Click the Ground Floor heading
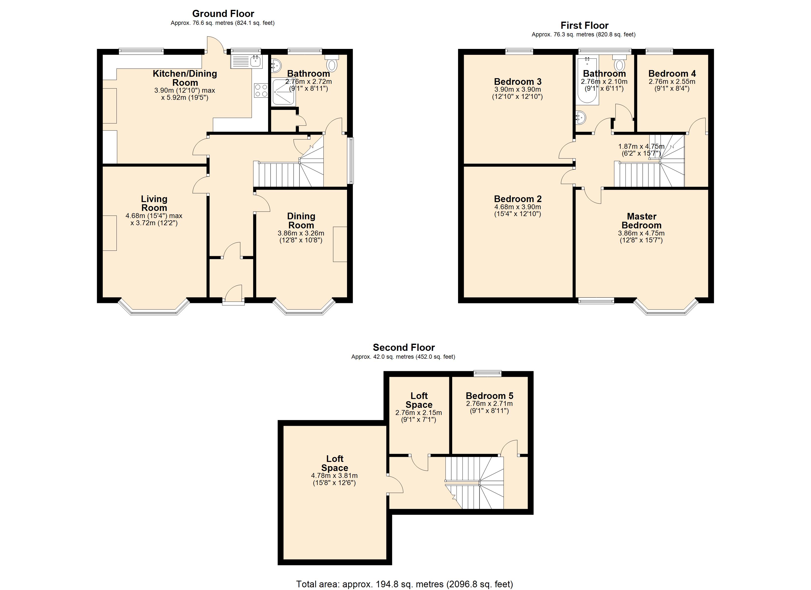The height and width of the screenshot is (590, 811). click(x=223, y=14)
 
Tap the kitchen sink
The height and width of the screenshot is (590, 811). click(x=246, y=61)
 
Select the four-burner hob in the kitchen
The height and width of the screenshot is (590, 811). click(x=261, y=90)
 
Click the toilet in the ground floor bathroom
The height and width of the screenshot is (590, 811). click(x=332, y=63)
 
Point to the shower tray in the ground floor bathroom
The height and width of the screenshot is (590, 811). click(x=284, y=93)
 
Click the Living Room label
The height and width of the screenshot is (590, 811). click(x=154, y=203)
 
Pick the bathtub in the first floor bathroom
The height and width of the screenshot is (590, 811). click(x=587, y=80)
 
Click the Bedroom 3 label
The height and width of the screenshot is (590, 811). click(x=518, y=82)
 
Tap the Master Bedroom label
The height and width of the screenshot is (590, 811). click(x=641, y=221)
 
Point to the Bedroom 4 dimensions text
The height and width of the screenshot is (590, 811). click(x=672, y=85)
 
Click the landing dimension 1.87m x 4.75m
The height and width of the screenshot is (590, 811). click(x=641, y=149)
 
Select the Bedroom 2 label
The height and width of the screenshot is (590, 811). click(x=518, y=199)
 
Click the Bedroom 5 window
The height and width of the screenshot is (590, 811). click(x=488, y=373)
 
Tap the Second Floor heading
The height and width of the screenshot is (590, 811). click(x=404, y=347)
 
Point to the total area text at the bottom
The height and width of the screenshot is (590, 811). click(x=405, y=584)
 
